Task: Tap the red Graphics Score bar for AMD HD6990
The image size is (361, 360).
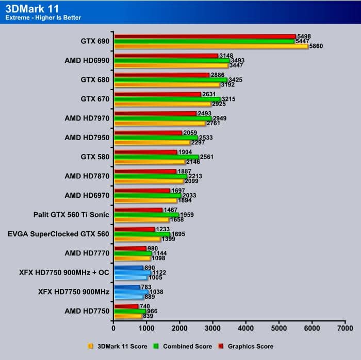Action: (x=166, y=56)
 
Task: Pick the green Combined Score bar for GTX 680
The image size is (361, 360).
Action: (x=170, y=80)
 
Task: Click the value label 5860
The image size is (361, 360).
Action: (x=317, y=46)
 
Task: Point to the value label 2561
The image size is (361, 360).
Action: (x=207, y=157)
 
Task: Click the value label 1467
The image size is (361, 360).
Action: (x=171, y=210)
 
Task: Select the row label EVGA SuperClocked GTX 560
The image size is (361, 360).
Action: (x=59, y=234)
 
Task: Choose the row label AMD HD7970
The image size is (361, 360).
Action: (x=87, y=118)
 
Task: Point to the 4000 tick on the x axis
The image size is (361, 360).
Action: (x=246, y=328)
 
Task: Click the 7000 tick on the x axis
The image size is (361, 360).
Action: (x=345, y=328)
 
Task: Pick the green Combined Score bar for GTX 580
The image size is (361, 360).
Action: (x=156, y=157)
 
